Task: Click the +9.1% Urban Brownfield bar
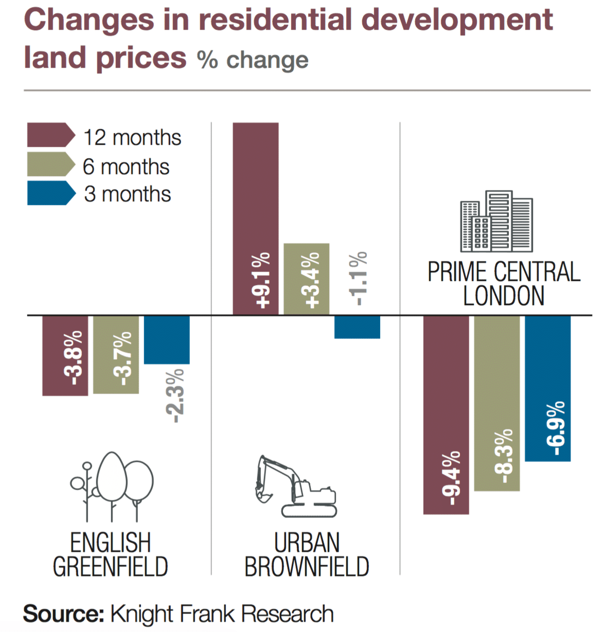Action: point(256,218)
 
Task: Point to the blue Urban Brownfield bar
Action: point(357,327)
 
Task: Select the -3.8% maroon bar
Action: point(65,356)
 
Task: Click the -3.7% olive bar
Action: point(116,355)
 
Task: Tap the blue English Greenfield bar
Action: point(167,340)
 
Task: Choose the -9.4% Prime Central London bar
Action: point(446,415)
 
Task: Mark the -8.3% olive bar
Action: point(496,403)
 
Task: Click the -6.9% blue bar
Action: point(547,388)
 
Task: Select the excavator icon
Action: point(295,486)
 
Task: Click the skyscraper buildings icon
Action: point(496,221)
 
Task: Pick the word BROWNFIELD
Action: point(307,567)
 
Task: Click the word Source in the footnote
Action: point(63,614)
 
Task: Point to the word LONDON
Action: point(503,296)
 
